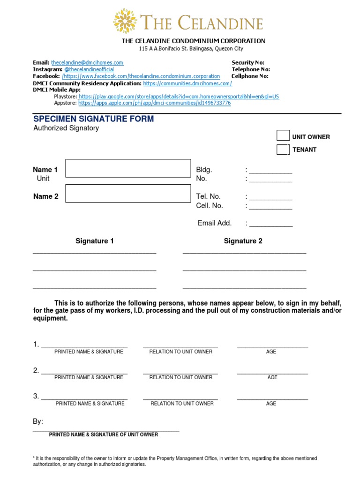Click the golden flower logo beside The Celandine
125,21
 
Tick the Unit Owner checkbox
283,136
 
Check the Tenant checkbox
283,150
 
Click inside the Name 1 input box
128,168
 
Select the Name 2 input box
128,193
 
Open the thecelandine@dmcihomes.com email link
87,62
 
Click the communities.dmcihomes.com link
187,83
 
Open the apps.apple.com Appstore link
154,103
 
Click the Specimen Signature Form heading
93,119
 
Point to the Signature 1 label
95,241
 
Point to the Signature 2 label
243,241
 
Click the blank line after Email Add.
271,225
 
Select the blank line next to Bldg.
270,171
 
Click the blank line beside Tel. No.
270,198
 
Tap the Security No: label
248,62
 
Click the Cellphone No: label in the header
250,76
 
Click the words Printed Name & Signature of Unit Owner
104,435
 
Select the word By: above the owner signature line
38,422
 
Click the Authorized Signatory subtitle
66,128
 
